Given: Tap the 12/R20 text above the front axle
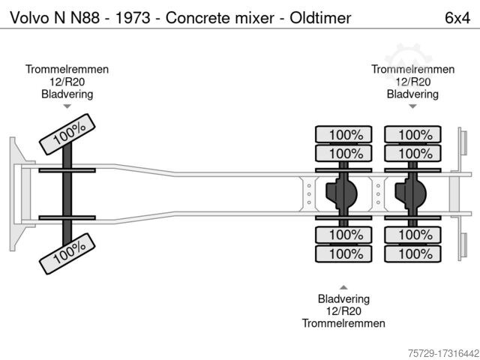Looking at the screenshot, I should pos(67,82).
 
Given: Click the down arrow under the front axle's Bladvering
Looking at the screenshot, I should pos(67,107).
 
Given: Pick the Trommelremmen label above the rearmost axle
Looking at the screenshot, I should pos(413,69).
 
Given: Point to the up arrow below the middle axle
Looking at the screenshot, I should pos(343,287).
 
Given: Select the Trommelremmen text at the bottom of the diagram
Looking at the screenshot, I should pos(343,323).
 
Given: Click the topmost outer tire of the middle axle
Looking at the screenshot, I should pos(344,135).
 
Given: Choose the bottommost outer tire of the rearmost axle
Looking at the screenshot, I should pos(409,254).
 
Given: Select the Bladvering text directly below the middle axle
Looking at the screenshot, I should pos(343,299).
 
